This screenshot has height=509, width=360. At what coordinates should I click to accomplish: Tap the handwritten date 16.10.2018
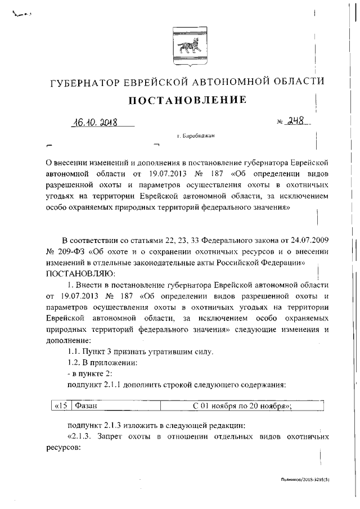(x=94, y=122)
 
